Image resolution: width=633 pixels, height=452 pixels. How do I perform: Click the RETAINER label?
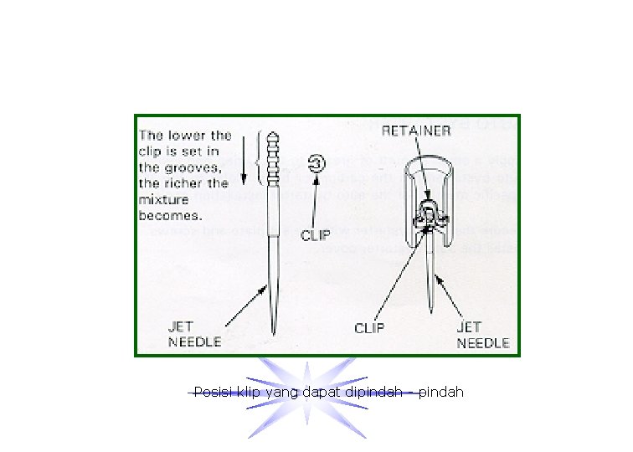pos(416,131)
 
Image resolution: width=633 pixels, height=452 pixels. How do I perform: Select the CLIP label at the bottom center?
pos(369,328)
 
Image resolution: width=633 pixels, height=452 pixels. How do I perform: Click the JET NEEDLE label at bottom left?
pos(195,335)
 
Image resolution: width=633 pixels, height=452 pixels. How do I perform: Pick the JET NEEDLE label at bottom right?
pos(482,336)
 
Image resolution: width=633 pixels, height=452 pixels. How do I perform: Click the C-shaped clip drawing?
pos(317,163)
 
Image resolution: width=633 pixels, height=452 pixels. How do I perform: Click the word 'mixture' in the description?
pos(164,199)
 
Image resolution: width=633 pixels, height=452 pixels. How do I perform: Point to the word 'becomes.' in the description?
pos(169,215)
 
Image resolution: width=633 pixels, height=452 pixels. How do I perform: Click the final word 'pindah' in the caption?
pos(440,392)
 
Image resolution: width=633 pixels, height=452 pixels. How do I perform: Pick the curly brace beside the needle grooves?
pos(261,159)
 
